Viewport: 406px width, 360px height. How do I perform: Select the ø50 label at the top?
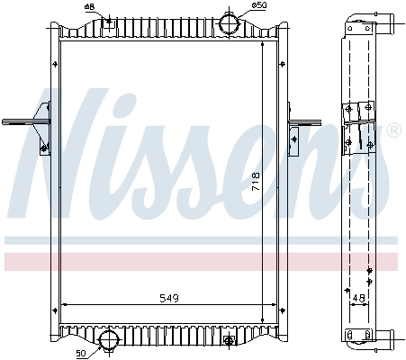pyautogui.click(x=258, y=6)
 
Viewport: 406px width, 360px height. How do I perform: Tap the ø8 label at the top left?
pyautogui.click(x=89, y=7)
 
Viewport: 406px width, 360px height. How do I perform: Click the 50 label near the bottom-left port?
pyautogui.click(x=81, y=352)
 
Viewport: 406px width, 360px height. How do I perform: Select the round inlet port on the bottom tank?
pyautogui.click(x=109, y=340)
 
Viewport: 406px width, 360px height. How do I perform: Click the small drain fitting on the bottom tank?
pyautogui.click(x=230, y=340)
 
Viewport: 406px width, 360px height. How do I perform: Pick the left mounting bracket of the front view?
pyautogui.click(x=41, y=125)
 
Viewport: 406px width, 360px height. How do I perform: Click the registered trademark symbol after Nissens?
pyautogui.click(x=392, y=131)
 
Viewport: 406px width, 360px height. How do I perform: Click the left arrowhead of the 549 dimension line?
pyautogui.click(x=63, y=304)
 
